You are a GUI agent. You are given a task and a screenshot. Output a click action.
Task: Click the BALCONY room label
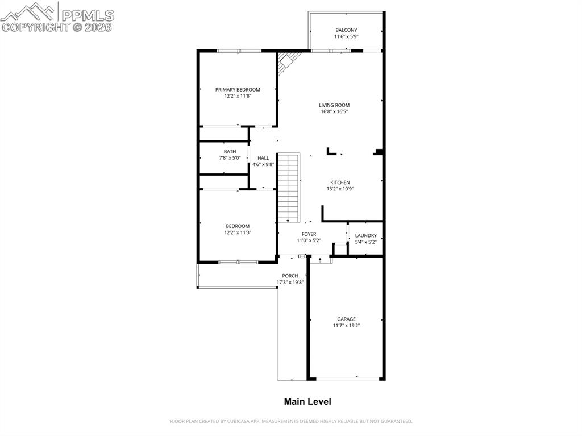pos(346,30)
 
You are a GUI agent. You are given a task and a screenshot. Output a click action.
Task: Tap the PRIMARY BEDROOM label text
pos(238,90)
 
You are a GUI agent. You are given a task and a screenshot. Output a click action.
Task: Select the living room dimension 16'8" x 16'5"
pos(334,112)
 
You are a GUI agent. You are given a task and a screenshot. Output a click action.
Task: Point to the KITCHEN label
pos(340,182)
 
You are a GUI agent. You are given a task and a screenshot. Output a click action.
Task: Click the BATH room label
pos(230,152)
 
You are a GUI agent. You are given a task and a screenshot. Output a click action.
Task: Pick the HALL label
pos(263,158)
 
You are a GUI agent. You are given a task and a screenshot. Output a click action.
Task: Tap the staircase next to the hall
pos(289,188)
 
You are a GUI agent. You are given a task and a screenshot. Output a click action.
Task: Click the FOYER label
pos(309,234)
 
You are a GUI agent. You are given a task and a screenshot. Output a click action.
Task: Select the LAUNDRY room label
pos(365,236)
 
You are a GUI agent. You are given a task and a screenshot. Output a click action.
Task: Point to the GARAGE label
pos(346,319)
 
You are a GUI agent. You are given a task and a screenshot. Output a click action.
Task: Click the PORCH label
pos(290,276)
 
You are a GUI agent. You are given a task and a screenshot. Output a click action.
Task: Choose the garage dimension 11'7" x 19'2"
pos(346,326)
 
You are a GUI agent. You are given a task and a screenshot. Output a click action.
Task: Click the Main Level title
pos(307,402)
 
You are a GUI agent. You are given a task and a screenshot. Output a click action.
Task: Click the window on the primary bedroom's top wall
pos(239,51)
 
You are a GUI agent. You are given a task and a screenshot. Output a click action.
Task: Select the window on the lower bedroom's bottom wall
pos(238,262)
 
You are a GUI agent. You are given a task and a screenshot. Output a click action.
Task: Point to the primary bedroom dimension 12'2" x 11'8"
pos(238,96)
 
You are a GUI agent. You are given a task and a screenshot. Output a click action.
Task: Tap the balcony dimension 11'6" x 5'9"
pos(346,36)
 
